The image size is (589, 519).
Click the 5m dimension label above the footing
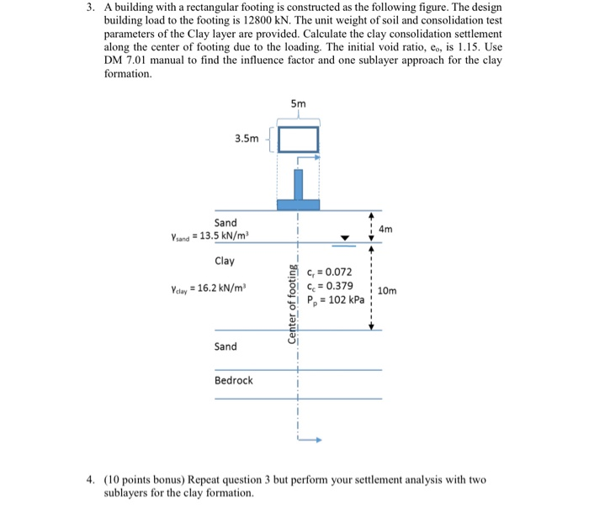298,103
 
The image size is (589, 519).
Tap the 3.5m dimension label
247,139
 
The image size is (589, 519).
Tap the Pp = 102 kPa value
337,301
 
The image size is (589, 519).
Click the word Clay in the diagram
226,262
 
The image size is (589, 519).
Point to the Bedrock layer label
233,380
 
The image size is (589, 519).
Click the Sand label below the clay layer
226,347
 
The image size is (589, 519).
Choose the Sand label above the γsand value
226,223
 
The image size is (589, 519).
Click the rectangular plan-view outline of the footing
298,139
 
